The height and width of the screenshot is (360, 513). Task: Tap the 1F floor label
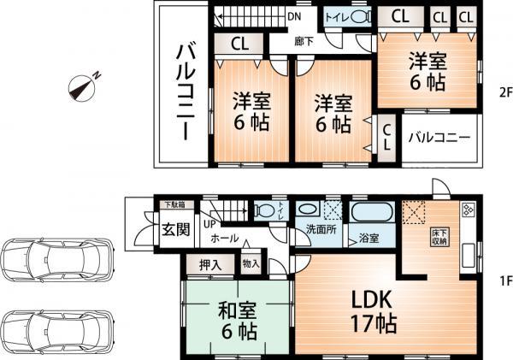click(x=504, y=279)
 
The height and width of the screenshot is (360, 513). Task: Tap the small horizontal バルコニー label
click(x=438, y=137)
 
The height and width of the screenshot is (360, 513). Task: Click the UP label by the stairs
click(x=209, y=224)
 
